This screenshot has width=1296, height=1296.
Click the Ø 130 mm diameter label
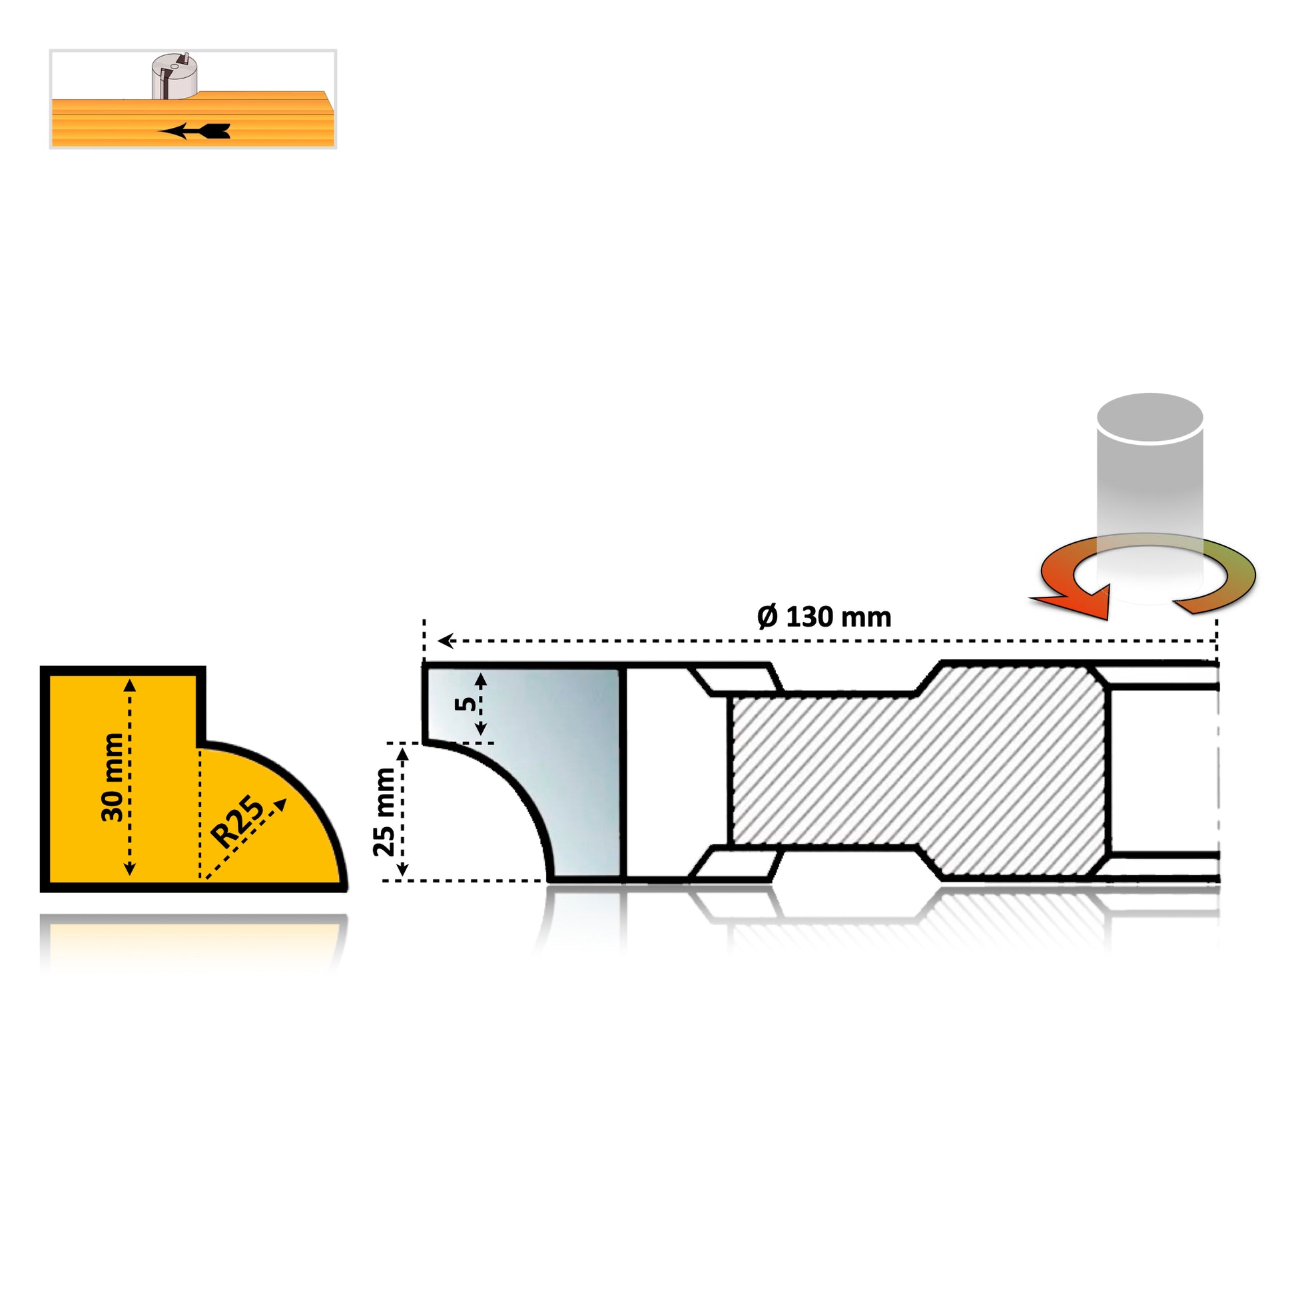pos(824,617)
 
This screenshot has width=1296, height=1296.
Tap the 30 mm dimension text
pos(113,777)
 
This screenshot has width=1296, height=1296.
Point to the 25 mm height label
pos(384,812)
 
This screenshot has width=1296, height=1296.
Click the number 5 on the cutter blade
pos(466,704)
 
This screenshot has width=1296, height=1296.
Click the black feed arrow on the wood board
pos(194,131)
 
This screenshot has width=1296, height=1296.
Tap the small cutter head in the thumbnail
pos(174,76)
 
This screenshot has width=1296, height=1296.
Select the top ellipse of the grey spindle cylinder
pos(1149,418)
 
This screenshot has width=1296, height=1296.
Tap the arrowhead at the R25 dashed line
pos(280,805)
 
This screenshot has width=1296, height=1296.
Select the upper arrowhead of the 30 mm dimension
pos(130,684)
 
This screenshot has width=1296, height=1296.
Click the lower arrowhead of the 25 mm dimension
pos(402,869)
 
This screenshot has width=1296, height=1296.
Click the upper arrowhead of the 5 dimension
pos(480,679)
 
